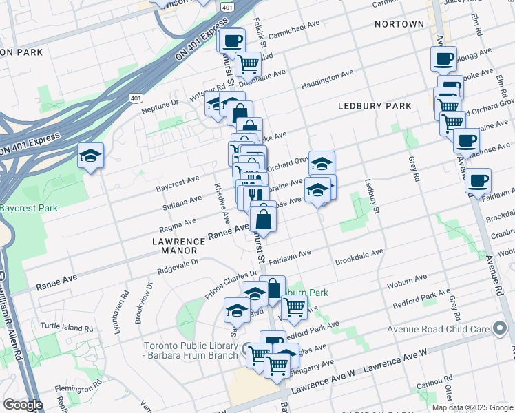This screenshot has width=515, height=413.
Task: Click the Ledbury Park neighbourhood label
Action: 375,106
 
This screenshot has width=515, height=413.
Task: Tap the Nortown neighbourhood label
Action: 399,24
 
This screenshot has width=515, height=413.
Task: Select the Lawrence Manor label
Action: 179,242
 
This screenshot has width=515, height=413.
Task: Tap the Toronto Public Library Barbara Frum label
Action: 192,350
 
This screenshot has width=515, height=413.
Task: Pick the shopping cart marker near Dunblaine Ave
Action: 248,64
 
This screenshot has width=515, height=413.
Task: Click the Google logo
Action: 23,405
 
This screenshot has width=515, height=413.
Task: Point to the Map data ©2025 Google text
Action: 472,407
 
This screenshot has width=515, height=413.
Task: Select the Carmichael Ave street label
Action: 295,28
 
